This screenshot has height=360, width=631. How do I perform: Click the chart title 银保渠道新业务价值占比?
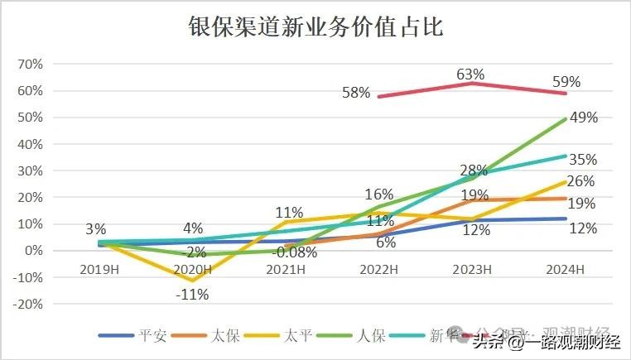pos(315,27)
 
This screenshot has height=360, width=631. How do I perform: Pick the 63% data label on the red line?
pos(470,75)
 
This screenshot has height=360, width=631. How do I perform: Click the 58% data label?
pos(356,92)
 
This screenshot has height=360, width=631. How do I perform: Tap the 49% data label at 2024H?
pos(583,117)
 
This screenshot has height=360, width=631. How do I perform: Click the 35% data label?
pos(583,159)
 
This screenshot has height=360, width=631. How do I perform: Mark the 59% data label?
pos(566,82)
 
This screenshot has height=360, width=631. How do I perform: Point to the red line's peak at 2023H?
pos(470,83)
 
